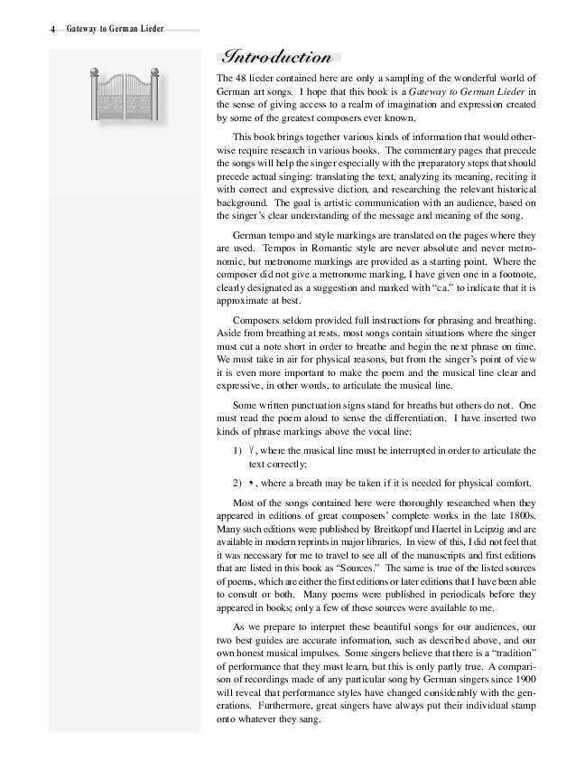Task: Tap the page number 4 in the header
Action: point(53,29)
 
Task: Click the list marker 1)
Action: point(238,450)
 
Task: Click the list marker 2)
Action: point(238,481)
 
